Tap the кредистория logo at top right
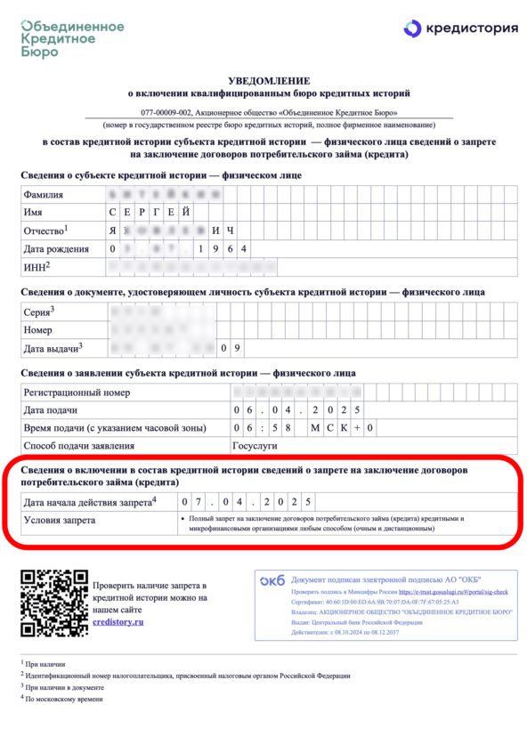click(458, 28)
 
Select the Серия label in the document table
click(40, 312)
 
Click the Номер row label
click(40, 329)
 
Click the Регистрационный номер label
click(77, 393)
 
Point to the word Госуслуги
click(255, 446)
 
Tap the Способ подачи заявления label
click(79, 446)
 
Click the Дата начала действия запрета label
click(90, 502)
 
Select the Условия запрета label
click(61, 521)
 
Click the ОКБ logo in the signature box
click(272, 580)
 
